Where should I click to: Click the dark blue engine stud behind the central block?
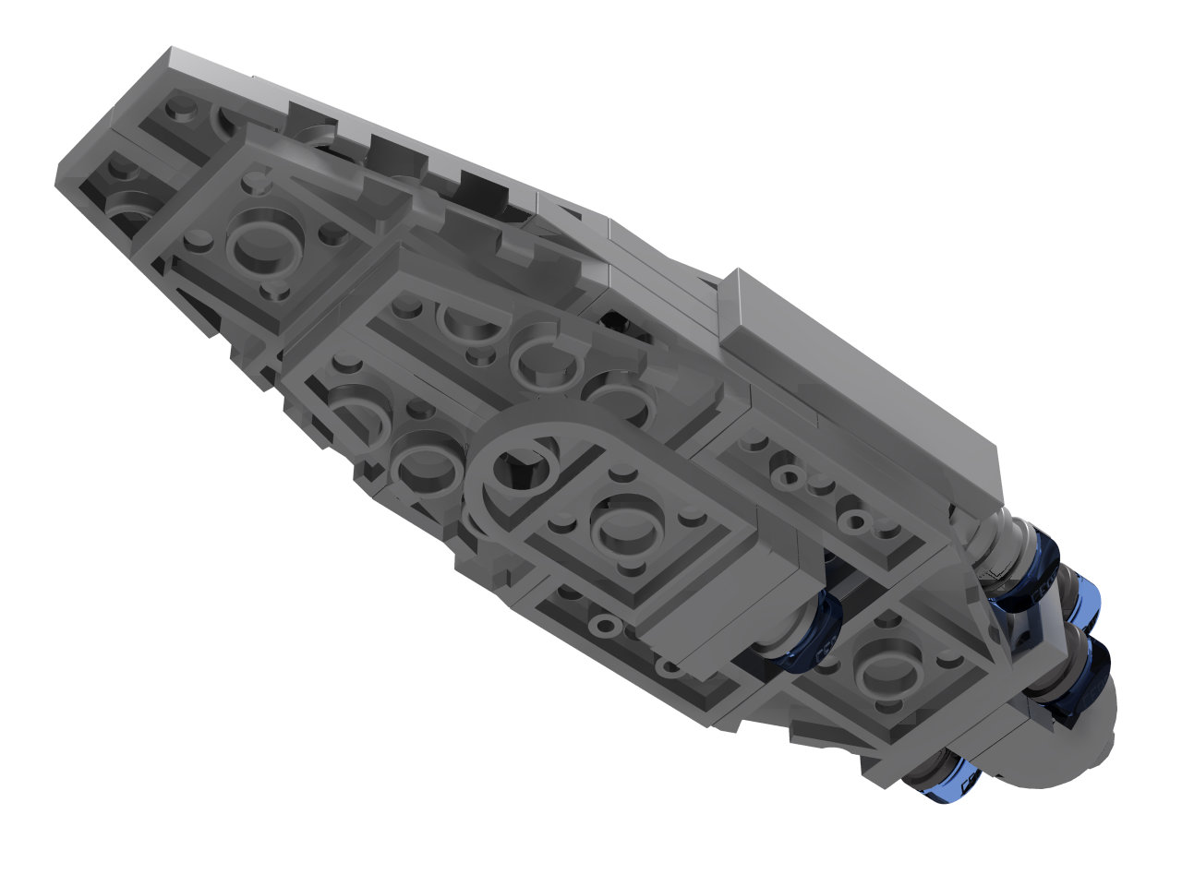click(809, 637)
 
